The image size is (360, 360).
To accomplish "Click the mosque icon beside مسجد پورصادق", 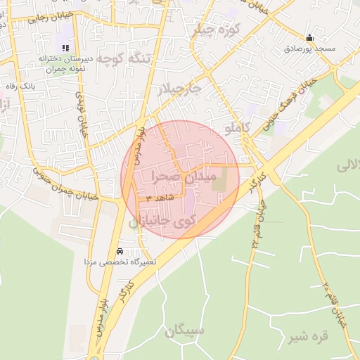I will [309, 38].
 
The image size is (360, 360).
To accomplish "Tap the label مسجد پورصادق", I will [309, 49].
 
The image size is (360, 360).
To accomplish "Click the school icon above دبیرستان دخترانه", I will [65, 48].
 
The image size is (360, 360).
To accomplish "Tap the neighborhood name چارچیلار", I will [177, 90].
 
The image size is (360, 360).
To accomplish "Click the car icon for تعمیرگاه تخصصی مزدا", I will [120, 252].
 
